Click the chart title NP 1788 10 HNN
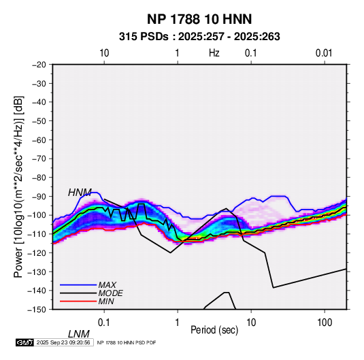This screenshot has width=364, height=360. click(199, 19)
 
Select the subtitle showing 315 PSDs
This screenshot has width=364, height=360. click(199, 37)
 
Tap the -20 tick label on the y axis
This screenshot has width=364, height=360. click(39, 65)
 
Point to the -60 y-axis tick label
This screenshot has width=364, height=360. click(39, 140)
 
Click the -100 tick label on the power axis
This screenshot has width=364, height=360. click(37, 215)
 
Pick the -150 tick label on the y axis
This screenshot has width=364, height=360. click(37, 310)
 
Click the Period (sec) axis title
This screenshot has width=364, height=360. click(214, 330)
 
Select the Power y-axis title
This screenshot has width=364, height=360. click(18, 186)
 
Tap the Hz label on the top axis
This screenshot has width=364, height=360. click(214, 53)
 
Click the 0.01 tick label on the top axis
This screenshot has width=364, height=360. click(324, 53)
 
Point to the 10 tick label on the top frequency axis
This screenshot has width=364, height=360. click(104, 53)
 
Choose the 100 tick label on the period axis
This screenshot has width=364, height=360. click(325, 323)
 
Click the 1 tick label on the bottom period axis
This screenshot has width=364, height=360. click(177, 323)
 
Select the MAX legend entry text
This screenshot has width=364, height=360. click(107, 284)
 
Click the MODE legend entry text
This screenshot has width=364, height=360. click(110, 293)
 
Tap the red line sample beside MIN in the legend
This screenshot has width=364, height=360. click(78, 301)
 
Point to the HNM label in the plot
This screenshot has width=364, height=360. click(80, 193)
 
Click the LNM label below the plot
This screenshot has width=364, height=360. click(79, 334)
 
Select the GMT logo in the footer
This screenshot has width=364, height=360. click(25, 342)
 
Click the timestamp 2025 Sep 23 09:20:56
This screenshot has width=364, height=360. click(63, 342)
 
